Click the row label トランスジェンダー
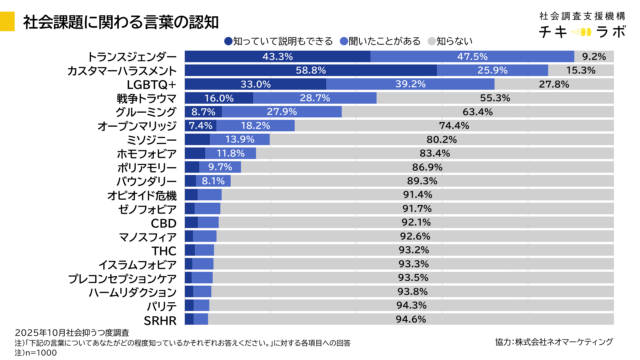click(x=132, y=57)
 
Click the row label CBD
click(x=164, y=223)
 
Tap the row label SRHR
click(x=160, y=320)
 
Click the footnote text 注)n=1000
click(x=38, y=351)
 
